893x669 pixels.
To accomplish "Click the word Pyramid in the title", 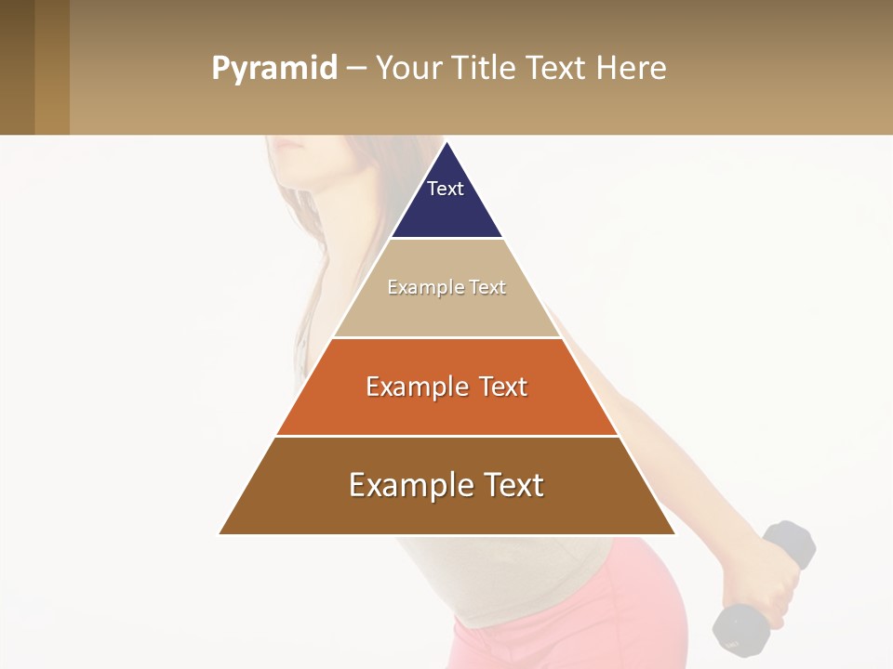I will [274, 69].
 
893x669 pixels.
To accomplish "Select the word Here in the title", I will [631, 69].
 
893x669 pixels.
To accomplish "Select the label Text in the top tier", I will [446, 189].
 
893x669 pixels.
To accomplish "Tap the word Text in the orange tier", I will [502, 387].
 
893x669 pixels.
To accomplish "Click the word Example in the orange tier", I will [417, 387].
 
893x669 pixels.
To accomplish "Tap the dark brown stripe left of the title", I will [17, 67].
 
